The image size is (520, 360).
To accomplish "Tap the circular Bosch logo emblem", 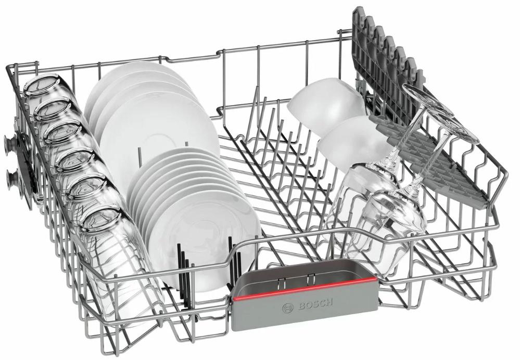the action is pyautogui.click(x=287, y=308).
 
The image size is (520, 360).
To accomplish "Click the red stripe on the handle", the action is pyautogui.click(x=305, y=288).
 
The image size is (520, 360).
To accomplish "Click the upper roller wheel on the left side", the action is pyautogui.click(x=11, y=143).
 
